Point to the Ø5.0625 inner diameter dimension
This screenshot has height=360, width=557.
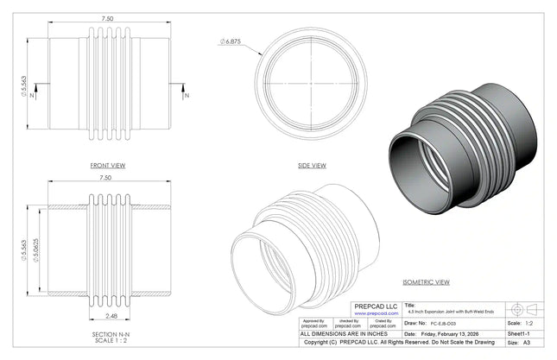[35, 249]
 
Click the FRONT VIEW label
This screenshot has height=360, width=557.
[108, 164]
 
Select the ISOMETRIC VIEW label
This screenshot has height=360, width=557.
[427, 282]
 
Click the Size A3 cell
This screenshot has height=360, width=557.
[519, 342]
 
